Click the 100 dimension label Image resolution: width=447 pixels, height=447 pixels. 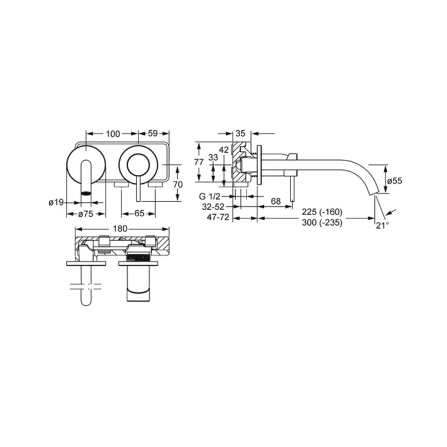point(113,134)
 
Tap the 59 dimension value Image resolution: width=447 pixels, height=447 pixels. point(153,134)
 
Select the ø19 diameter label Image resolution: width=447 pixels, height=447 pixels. point(56,202)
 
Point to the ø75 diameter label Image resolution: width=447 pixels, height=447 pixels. point(86,214)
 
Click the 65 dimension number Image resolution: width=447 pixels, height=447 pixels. point(139,213)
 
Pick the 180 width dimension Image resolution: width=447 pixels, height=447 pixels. point(120,229)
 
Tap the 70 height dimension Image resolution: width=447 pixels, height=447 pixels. point(178,185)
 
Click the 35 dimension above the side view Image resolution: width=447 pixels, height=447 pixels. point(241,134)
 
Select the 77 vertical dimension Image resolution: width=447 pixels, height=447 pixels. point(199,162)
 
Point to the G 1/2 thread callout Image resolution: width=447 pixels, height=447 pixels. point(210,197)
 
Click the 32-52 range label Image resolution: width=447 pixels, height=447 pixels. point(213,207)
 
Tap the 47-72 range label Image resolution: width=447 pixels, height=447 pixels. point(218,217)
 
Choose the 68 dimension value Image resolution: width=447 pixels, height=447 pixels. point(275,202)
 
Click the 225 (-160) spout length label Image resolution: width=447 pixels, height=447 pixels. point(322,212)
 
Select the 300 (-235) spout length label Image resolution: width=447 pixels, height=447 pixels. point(322,222)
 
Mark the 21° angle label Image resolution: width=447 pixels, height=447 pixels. point(383,226)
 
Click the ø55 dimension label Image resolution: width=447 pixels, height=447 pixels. point(395,180)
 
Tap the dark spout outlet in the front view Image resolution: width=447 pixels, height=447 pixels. point(86,193)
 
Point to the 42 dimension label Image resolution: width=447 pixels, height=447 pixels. point(224,150)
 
